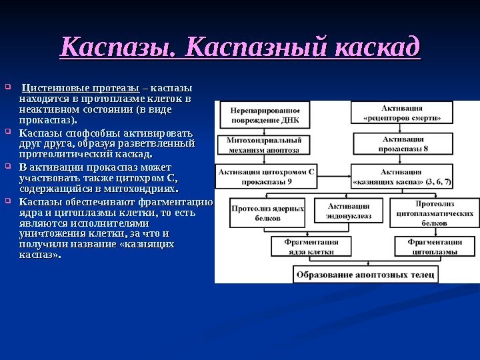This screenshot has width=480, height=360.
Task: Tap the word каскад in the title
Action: point(379,48)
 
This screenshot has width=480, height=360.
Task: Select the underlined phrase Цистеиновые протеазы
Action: point(80,88)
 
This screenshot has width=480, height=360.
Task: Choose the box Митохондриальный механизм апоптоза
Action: point(265,146)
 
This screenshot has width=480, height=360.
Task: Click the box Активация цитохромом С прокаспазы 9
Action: point(266,177)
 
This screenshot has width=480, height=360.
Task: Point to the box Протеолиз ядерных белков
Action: point(267,213)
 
